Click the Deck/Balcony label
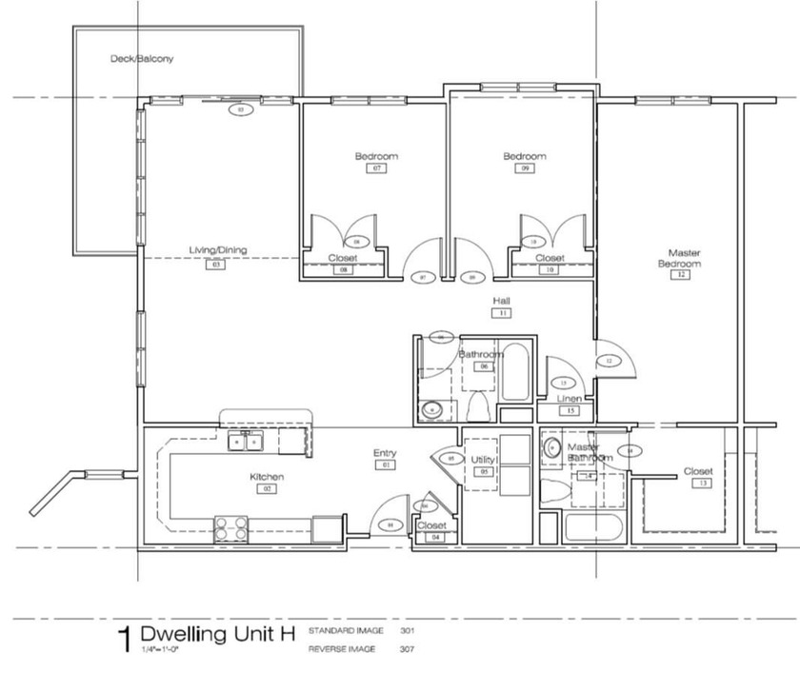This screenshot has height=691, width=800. pyautogui.click(x=141, y=59)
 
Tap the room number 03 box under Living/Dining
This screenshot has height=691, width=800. pyautogui.click(x=217, y=266)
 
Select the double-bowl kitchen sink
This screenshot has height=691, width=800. pyautogui.click(x=245, y=441)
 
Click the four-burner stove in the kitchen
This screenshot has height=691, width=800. pyautogui.click(x=230, y=527)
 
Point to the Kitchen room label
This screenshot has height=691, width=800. pyautogui.click(x=267, y=477)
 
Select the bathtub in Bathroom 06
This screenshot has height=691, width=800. pyautogui.click(x=515, y=370)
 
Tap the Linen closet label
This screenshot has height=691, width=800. pyautogui.click(x=569, y=399)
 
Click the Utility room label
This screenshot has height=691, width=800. pyautogui.click(x=483, y=460)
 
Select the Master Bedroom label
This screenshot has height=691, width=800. pyautogui.click(x=679, y=258)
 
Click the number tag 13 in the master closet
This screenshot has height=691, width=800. pyautogui.click(x=703, y=484)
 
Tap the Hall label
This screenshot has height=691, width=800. pyautogui.click(x=501, y=301)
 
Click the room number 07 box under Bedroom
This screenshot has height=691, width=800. pyautogui.click(x=377, y=168)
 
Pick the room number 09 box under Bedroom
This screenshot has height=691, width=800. pyautogui.click(x=525, y=168)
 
